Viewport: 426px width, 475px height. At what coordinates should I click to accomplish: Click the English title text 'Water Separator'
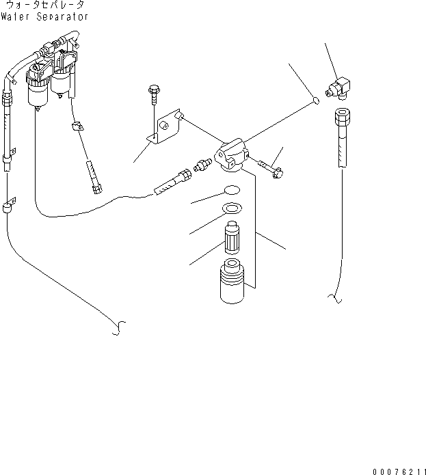(44, 16)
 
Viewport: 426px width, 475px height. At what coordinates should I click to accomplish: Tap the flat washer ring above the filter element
(232, 208)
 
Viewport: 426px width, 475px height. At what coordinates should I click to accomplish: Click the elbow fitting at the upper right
(341, 88)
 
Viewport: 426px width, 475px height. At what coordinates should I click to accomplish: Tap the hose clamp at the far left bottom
(9, 206)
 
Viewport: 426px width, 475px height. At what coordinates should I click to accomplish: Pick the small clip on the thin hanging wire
(77, 126)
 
